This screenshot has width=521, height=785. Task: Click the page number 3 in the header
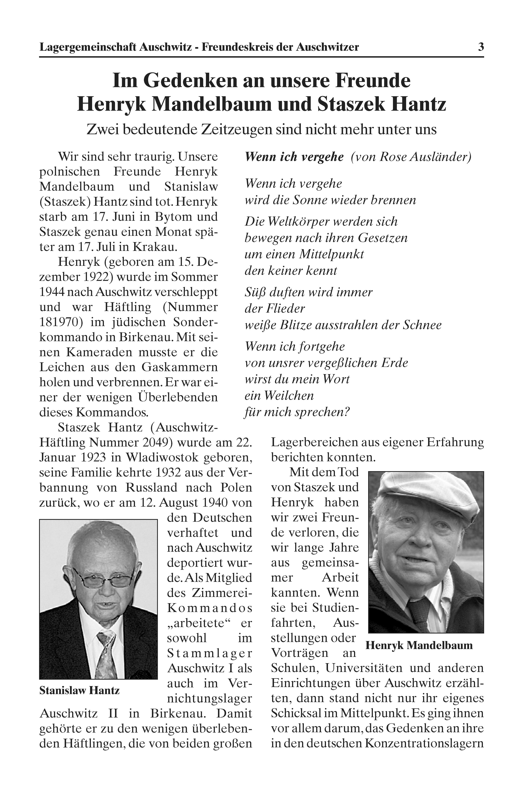481,47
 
